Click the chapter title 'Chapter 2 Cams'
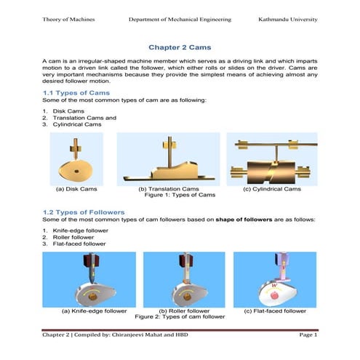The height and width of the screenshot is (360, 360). coord(180,45)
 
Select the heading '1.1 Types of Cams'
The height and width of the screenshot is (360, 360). coord(76,93)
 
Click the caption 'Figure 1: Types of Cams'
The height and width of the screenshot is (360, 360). coord(180,195)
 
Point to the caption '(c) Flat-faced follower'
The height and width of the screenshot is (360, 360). coord(273,311)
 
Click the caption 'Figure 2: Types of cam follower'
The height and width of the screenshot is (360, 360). coord(180,317)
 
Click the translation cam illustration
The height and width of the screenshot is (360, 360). coord(169,161)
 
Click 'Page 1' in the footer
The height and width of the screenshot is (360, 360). coord(308,335)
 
